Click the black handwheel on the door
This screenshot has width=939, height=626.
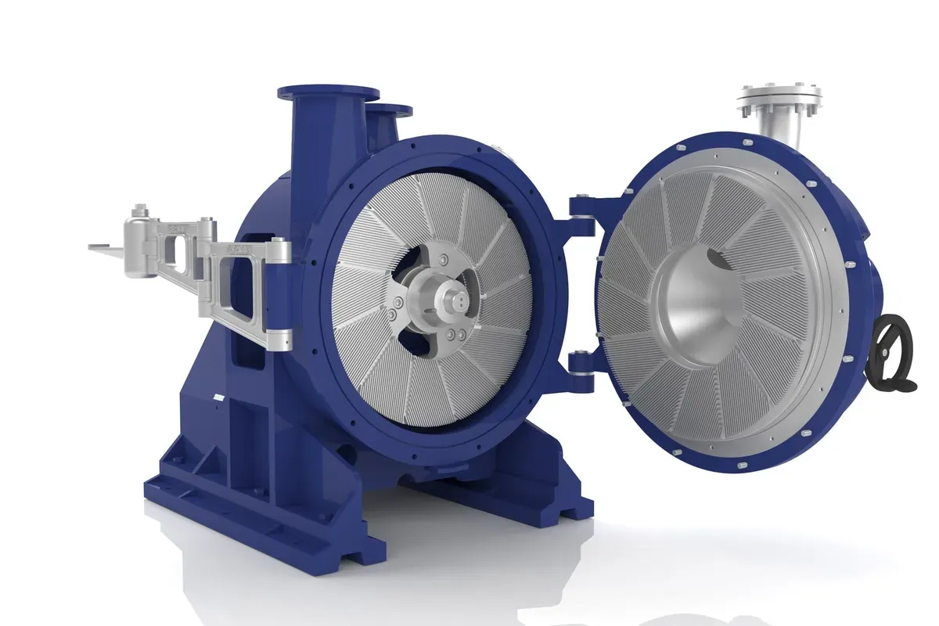coord(895,351)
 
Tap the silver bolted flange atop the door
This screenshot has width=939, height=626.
coord(779,99)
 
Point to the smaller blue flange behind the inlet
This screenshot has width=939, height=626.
coord(389,110)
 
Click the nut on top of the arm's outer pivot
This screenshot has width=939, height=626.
coord(140,210)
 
